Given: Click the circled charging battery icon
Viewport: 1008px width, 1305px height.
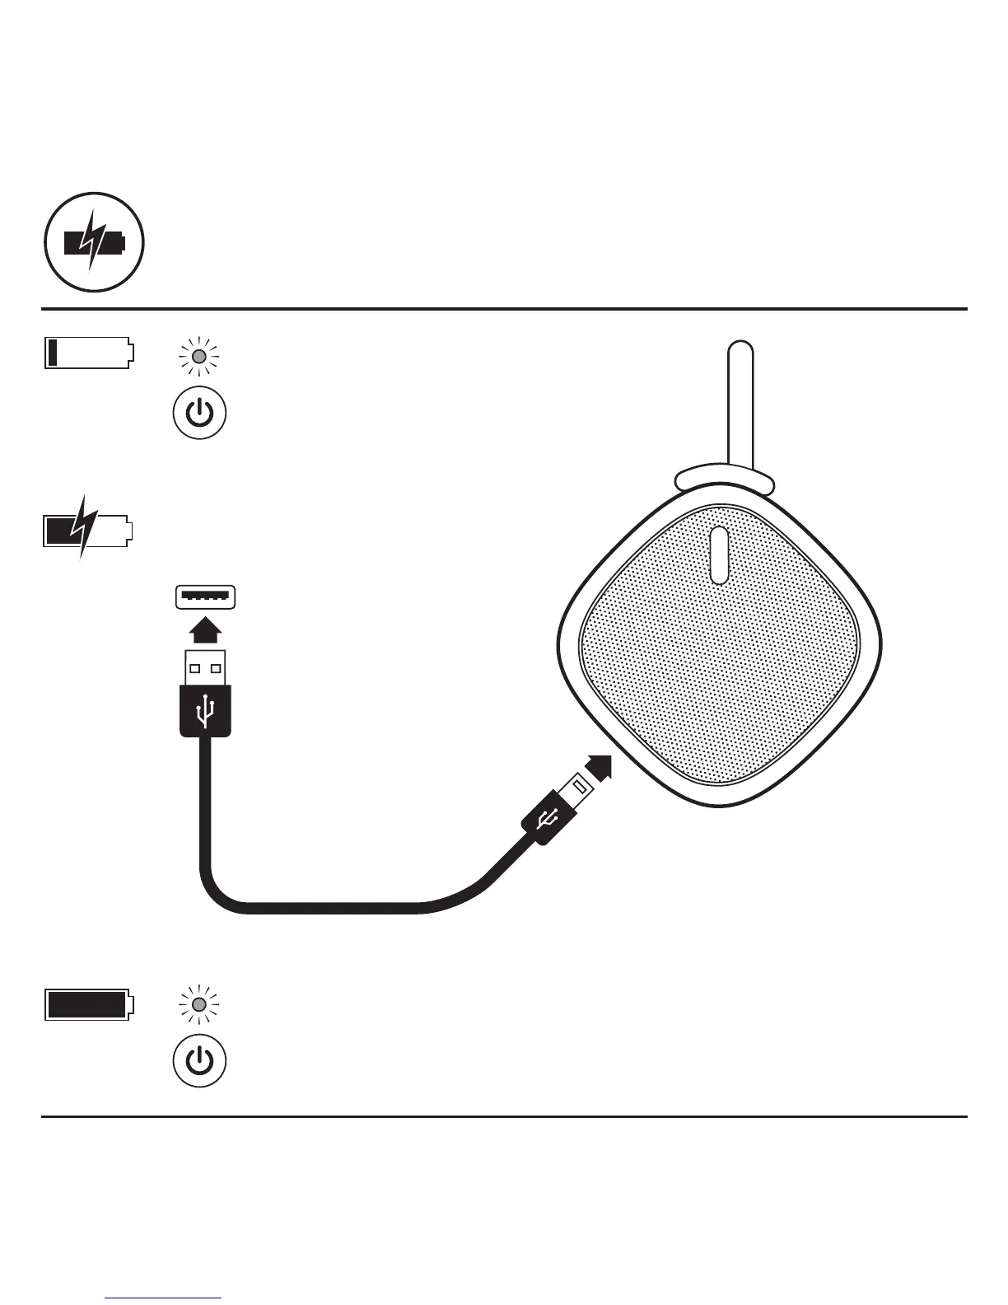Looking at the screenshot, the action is coord(94,243).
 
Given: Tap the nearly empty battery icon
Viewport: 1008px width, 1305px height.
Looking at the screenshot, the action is coord(87,353).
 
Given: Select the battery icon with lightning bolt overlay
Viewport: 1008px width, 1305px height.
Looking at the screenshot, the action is coord(86,530).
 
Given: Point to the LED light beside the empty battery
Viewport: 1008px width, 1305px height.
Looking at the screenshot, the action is coord(199,357).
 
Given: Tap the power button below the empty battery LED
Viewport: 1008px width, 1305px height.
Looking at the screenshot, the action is coord(199,412).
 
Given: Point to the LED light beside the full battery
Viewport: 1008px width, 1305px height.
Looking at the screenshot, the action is coord(199,1004).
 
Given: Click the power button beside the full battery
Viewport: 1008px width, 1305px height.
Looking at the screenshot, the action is coord(199,1060).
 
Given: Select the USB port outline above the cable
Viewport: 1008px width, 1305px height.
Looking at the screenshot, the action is coord(205,596).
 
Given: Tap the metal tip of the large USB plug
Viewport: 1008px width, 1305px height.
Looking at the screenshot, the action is coord(205,667).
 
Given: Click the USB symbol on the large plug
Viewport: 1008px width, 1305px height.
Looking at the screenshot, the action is coord(205,710).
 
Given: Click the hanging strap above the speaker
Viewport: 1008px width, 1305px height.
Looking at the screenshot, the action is coord(740,404).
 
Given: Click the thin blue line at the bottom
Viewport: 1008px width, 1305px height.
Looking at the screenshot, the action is coord(163,1298).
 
